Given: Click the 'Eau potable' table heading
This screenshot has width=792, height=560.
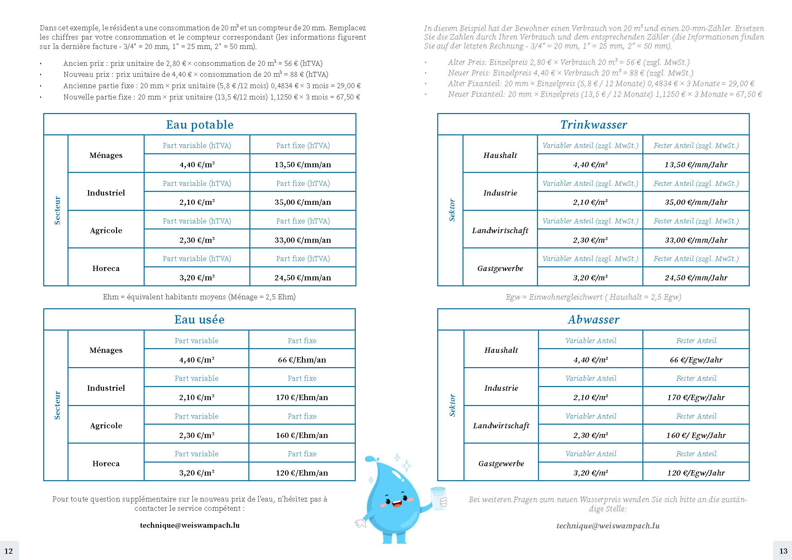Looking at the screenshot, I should point(200,125).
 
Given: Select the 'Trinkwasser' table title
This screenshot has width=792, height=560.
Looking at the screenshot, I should point(593,125).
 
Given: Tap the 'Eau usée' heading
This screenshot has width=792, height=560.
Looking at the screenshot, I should point(199,320).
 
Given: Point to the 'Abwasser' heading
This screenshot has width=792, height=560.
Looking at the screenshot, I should point(593,320).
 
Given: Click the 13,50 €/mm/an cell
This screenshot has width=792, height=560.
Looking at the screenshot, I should point(303,165).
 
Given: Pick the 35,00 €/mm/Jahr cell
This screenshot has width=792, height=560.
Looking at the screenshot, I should point(696,202).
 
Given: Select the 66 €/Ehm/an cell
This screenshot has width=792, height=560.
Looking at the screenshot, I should point(302,360).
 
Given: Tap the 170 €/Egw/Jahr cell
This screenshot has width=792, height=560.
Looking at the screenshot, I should point(696,397).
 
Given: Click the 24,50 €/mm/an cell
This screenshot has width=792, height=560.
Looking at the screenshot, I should point(303,277).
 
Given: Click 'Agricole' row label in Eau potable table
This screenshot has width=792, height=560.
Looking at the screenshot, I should point(106,230).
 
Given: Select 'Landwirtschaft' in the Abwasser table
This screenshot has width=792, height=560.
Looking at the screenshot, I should point(501,426).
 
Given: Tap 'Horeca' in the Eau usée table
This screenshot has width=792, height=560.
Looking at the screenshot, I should point(106,463).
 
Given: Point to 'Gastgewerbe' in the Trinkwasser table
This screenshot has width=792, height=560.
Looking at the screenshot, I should point(500,268).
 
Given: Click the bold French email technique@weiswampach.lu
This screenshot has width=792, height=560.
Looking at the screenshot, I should point(190,525).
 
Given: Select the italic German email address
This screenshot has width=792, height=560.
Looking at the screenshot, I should point(608,525).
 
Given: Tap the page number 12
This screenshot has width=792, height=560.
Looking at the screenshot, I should point(8,551).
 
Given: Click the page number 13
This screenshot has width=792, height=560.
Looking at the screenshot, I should point(783,551).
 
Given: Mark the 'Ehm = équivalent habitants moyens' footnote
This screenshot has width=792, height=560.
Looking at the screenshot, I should point(199,297).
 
